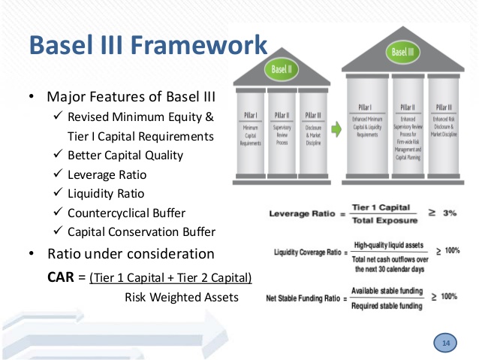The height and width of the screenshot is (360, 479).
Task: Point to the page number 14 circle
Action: pyautogui.click(x=447, y=343)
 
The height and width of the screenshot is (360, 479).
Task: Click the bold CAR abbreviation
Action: pyautogui.click(x=62, y=277)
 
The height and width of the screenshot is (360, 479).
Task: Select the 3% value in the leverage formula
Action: pyautogui.click(x=449, y=213)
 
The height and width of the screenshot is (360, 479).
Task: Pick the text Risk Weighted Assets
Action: pyautogui.click(x=181, y=298)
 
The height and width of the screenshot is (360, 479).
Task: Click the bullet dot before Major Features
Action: pyautogui.click(x=32, y=98)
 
